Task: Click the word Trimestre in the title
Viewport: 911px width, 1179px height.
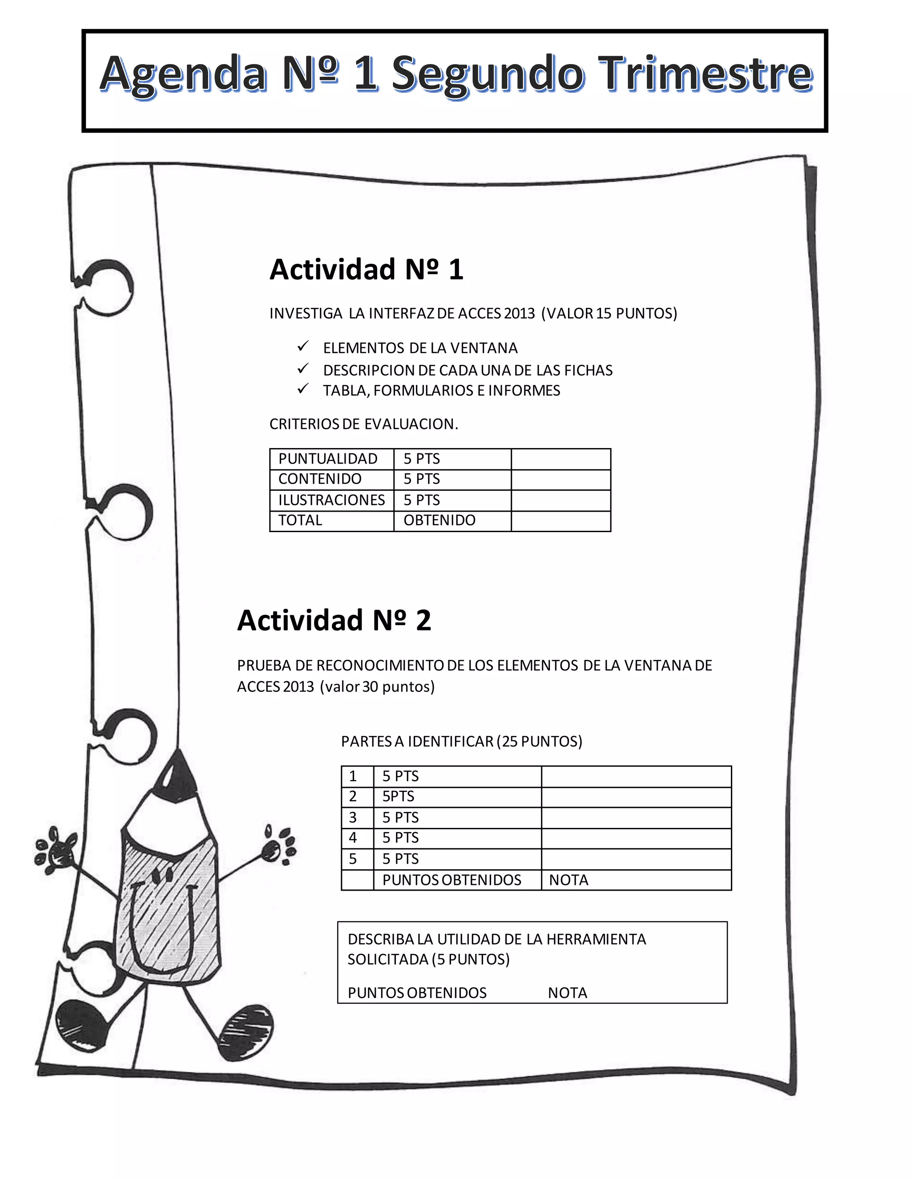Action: tap(707, 74)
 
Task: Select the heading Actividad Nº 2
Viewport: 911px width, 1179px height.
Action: tap(334, 620)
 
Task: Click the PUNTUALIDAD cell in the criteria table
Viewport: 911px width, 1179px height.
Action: tap(327, 459)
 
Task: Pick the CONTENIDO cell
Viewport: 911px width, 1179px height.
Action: tap(320, 479)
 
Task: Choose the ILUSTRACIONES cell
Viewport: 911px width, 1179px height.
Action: tap(331, 500)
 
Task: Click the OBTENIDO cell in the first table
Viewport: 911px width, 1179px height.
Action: tap(439, 521)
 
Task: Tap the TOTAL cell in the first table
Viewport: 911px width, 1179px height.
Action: tap(300, 521)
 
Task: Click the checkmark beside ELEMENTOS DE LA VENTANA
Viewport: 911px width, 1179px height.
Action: tap(303, 346)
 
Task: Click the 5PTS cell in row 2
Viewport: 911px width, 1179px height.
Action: tap(398, 796)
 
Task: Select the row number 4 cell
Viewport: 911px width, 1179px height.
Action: tap(353, 838)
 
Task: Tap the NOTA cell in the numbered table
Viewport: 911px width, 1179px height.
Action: tap(569, 880)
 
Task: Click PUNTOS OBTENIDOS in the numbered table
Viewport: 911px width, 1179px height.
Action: tap(452, 880)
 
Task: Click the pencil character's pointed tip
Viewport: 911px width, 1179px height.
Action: tap(177, 762)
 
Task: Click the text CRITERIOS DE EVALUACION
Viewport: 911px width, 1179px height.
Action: tap(364, 424)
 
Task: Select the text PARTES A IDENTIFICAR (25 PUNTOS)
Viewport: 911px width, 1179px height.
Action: tap(461, 741)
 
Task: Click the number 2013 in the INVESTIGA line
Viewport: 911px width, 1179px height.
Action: tap(519, 314)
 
